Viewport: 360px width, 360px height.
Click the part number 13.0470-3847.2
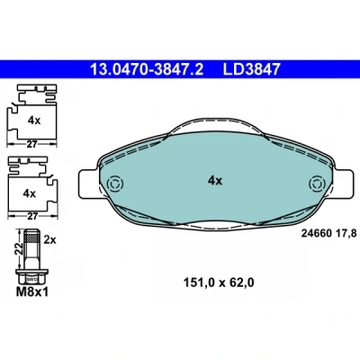(147, 69)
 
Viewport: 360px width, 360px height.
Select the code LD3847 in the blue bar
(251, 69)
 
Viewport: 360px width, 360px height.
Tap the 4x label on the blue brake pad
(215, 181)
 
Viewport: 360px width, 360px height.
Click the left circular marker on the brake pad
(115, 184)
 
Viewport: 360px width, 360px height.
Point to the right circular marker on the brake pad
(318, 184)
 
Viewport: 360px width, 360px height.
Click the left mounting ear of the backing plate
(88, 184)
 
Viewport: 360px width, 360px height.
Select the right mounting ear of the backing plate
(343, 184)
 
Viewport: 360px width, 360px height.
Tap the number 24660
(316, 233)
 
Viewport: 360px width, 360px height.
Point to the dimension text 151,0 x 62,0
(219, 283)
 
